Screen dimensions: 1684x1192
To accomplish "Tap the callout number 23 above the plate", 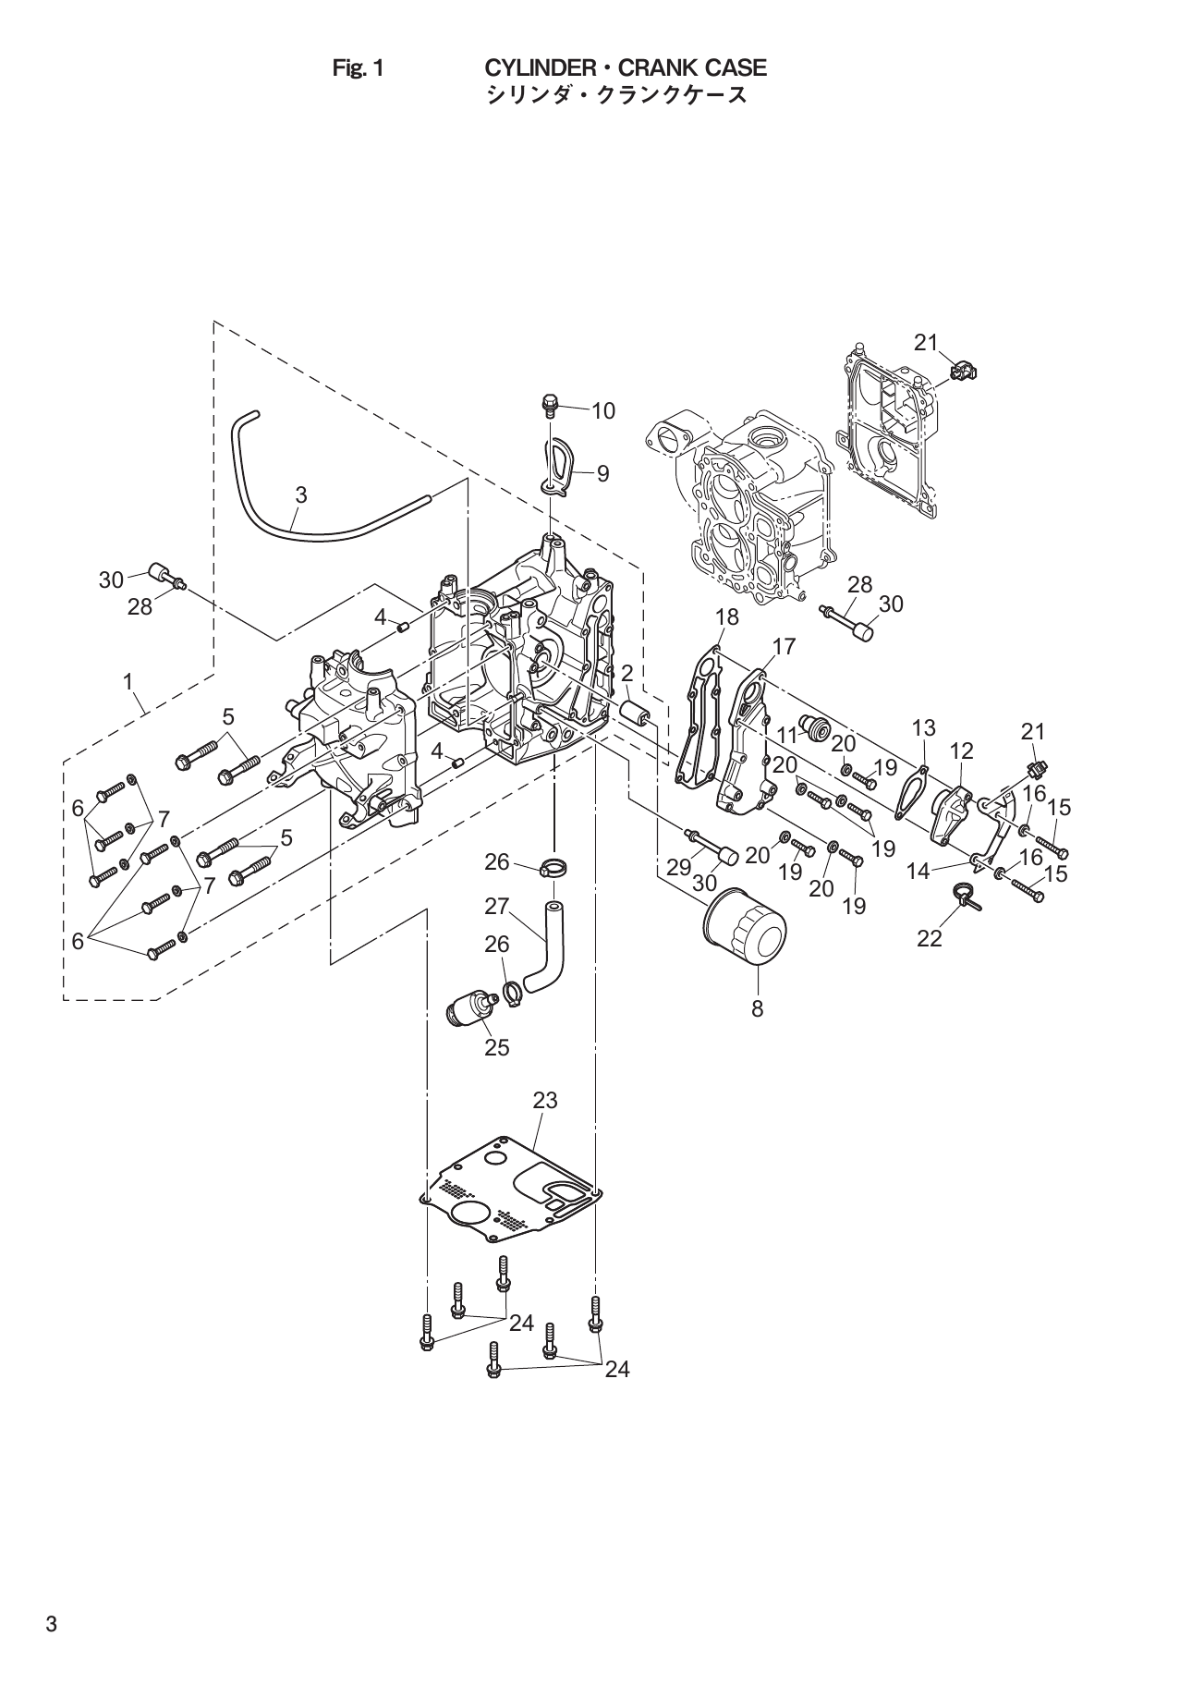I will pos(545,1100).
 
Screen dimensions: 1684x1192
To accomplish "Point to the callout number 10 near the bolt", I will pos(602,410).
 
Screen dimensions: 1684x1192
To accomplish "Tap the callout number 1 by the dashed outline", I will pos(128,682).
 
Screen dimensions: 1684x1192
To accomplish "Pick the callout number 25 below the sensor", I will pos(496,1047).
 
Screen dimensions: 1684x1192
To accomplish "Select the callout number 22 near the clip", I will pos(929,938).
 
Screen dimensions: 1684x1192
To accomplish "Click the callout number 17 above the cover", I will pos(784,646).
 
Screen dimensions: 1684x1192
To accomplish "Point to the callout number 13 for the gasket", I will pos(923,727).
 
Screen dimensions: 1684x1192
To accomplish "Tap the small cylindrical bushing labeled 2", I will pos(637,714).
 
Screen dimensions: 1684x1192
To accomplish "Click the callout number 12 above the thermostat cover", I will pos(961,750).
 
